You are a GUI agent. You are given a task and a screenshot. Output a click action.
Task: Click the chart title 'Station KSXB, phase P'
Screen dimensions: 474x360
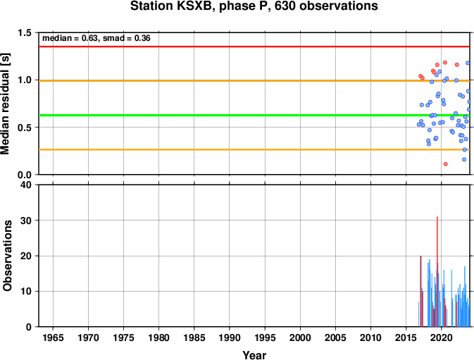[x=201, y=6]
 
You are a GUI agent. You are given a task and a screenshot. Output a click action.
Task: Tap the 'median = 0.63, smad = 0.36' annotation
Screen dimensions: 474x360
[x=96, y=38]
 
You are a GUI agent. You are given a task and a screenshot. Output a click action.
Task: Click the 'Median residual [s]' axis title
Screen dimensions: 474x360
[x=6, y=104]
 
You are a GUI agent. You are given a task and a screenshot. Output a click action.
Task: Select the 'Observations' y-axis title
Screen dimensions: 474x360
[x=7, y=256]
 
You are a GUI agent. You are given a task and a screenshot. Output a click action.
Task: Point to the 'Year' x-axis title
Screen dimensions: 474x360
[x=254, y=355]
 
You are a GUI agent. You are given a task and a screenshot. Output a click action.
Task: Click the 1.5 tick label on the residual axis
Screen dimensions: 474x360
[x=25, y=32]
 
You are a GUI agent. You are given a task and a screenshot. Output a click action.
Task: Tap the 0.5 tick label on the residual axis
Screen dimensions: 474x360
[x=25, y=128]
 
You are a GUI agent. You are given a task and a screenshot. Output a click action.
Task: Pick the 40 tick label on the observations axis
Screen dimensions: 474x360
[x=26, y=185]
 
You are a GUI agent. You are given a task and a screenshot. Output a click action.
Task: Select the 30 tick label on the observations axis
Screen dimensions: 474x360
[x=26, y=221]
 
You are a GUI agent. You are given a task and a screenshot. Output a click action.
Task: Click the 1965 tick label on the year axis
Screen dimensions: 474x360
[x=54, y=337]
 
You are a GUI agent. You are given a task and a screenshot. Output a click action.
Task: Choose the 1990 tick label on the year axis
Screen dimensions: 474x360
[x=230, y=337]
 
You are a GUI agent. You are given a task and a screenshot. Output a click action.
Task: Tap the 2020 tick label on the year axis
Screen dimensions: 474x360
[x=442, y=337]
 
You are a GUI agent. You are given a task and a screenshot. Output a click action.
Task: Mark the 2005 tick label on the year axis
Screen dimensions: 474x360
[x=335, y=337]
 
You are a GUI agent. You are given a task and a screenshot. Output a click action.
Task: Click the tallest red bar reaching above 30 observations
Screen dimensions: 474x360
[x=437, y=271]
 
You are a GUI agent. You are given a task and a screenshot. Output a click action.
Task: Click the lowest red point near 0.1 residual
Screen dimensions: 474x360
[x=446, y=164]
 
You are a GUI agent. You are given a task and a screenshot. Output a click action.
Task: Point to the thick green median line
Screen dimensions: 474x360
[x=254, y=115]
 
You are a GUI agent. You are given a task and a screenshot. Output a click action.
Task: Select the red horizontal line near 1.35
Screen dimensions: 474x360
[x=254, y=46]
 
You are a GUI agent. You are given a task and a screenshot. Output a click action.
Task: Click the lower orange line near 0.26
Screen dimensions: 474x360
[x=254, y=149]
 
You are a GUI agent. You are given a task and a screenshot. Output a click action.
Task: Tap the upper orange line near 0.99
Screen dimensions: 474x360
[x=254, y=81]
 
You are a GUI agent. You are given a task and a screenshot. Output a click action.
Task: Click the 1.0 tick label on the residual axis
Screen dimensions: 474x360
[x=25, y=80]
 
